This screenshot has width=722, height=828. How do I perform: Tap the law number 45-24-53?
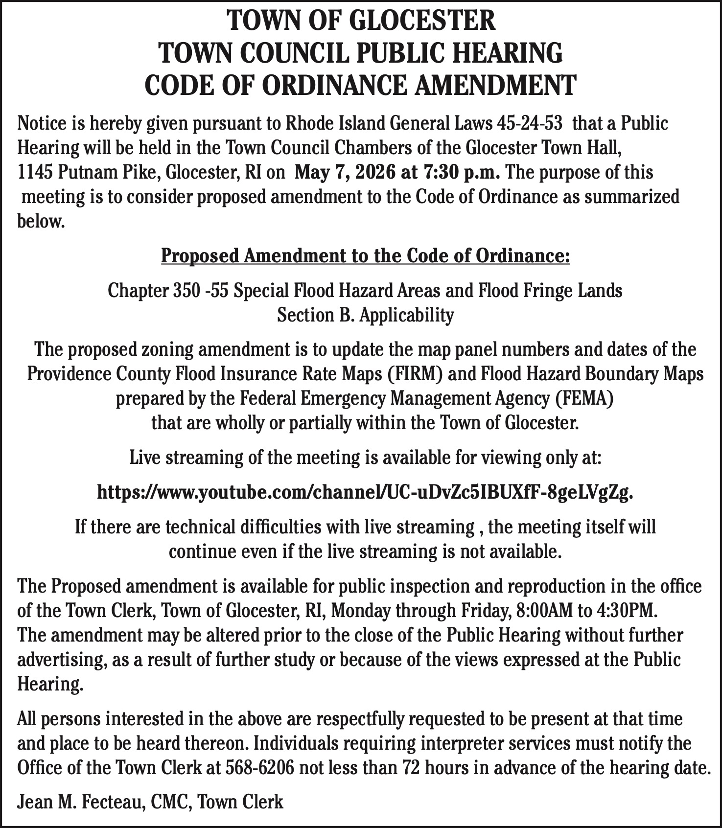pyautogui.click(x=529, y=123)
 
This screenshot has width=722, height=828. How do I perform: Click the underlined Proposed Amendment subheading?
pyautogui.click(x=365, y=256)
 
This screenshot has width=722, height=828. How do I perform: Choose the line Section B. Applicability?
pyautogui.click(x=365, y=315)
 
